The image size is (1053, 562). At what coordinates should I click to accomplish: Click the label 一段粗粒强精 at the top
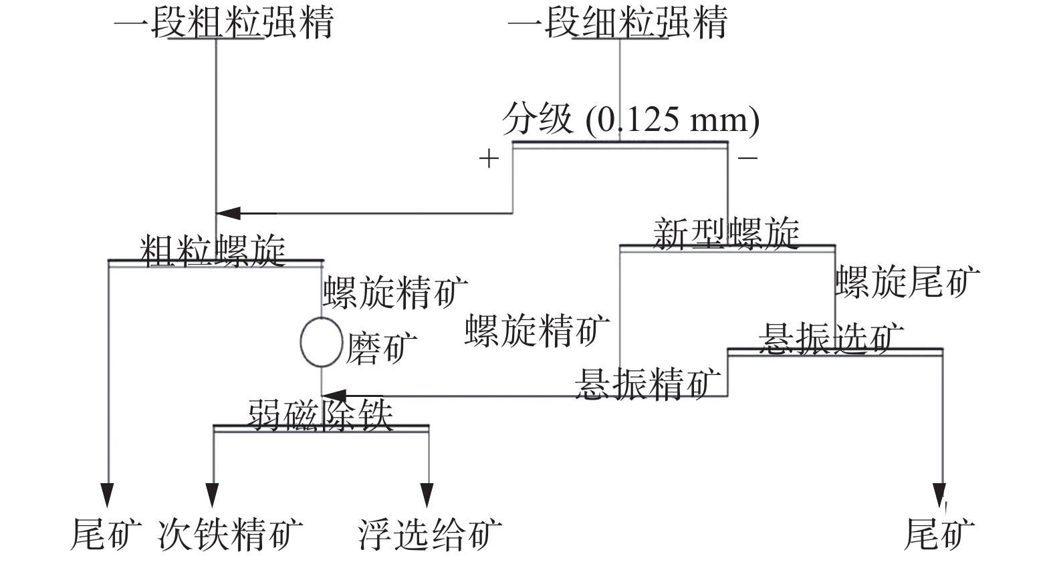223,23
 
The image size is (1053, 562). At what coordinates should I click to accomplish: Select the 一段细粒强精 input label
617,23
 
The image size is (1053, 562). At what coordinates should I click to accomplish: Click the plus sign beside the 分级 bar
489,158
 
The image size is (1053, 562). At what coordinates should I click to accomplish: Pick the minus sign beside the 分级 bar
747,158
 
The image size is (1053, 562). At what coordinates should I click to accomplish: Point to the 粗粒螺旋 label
213,251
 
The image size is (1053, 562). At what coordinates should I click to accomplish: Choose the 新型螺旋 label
726,234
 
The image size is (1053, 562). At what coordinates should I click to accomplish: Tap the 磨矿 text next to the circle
381,348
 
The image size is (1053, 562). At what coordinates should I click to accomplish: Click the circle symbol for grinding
322,342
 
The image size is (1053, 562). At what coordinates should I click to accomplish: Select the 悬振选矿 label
831,339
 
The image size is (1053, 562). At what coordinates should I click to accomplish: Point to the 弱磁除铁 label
320,414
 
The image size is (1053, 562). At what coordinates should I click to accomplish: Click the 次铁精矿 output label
230,534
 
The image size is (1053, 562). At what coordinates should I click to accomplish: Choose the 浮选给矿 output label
430,534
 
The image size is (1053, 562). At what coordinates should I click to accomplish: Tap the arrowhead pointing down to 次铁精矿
213,495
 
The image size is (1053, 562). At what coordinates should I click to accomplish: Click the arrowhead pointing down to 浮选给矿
427,495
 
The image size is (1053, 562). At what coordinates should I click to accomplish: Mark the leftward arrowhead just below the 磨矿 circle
334,396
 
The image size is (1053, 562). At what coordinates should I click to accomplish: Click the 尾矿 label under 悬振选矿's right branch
939,534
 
